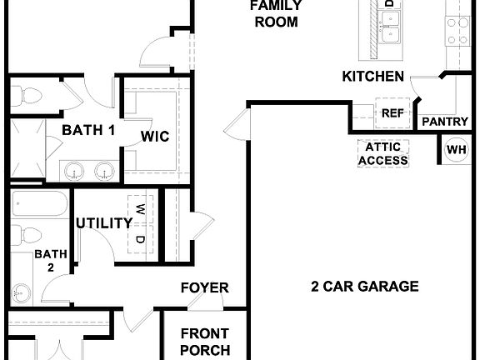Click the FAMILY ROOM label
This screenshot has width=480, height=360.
pyautogui.click(x=275, y=14)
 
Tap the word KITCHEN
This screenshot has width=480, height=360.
pyautogui.click(x=372, y=77)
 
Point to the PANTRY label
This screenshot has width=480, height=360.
pyautogui.click(x=445, y=122)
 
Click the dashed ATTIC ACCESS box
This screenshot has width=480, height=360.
pyautogui.click(x=383, y=153)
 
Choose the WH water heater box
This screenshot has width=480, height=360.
pyautogui.click(x=456, y=150)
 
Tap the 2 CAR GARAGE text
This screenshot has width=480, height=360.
pyautogui.click(x=364, y=287)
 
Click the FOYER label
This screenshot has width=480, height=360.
pyautogui.click(x=205, y=288)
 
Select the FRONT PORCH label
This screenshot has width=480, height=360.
pyautogui.click(x=205, y=342)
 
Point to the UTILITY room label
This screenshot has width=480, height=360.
pyautogui.click(x=103, y=223)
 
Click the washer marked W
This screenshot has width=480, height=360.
pyautogui.click(x=141, y=208)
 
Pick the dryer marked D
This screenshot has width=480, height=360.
pyautogui.click(x=141, y=240)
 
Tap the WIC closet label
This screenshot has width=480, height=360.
pyautogui.click(x=155, y=137)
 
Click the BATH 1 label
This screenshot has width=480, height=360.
pyautogui.click(x=88, y=130)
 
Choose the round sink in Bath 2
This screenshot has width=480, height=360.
pyautogui.click(x=22, y=292)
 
